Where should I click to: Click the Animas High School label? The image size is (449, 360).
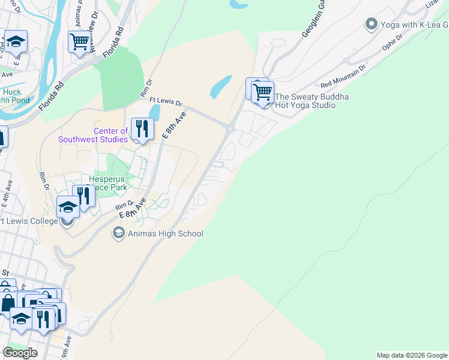[166, 234]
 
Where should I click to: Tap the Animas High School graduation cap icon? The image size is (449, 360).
[119, 233]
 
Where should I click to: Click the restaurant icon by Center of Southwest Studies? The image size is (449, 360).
[142, 129]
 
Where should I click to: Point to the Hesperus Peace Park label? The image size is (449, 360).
[114, 183]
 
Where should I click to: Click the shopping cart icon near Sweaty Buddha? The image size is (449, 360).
[263, 92]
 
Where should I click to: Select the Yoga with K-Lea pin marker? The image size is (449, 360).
[371, 25]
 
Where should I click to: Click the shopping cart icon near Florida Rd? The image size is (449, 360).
[79, 42]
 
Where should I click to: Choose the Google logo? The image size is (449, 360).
[20, 353]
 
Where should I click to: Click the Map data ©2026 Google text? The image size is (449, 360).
[412, 355]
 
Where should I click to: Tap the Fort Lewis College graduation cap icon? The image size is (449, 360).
[68, 208]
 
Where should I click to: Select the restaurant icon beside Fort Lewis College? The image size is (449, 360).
[84, 196]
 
